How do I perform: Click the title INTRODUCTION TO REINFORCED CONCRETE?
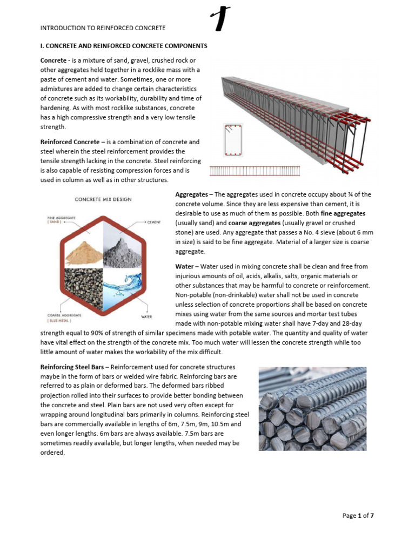coord(103,28)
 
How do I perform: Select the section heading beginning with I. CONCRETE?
coord(124,46)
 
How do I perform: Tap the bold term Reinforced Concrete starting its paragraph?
coord(66,142)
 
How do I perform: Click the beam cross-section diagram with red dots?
coord(233,140)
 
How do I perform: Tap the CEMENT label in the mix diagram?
coord(154,222)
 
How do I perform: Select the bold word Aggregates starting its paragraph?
coord(191,194)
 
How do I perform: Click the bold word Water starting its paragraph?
coord(184,267)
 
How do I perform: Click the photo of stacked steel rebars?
coord(312,408)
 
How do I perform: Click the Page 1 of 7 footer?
coord(358,516)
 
